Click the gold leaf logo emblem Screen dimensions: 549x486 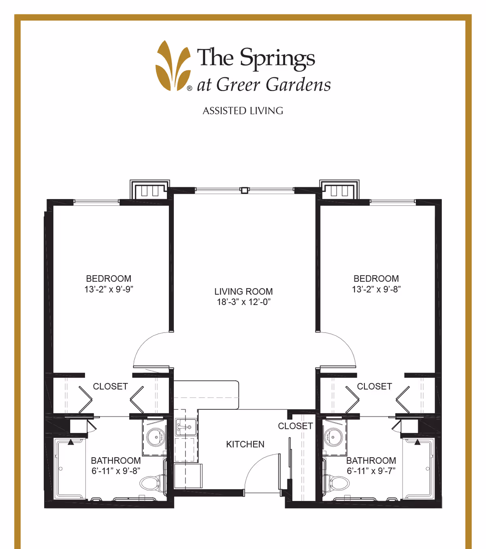pos(173,66)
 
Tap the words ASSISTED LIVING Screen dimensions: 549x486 pos(243,111)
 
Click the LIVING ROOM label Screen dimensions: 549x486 pos(243,291)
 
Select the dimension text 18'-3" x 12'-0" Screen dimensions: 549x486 pos(243,302)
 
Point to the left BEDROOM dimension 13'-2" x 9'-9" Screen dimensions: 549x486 pos(109,289)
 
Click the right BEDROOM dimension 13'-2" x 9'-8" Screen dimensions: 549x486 pos(376,289)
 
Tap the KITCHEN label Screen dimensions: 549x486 pos(245,444)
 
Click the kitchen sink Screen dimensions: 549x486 pos(185,427)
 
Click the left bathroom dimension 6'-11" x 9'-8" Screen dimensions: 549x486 pos(116,471)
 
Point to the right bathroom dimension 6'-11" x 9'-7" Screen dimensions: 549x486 pos(371,471)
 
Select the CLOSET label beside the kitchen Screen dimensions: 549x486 pos(295,426)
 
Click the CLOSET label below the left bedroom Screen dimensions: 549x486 pos(110,386)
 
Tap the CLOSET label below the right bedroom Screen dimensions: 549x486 pos(374,386)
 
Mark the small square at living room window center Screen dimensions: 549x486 pos(244,190)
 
